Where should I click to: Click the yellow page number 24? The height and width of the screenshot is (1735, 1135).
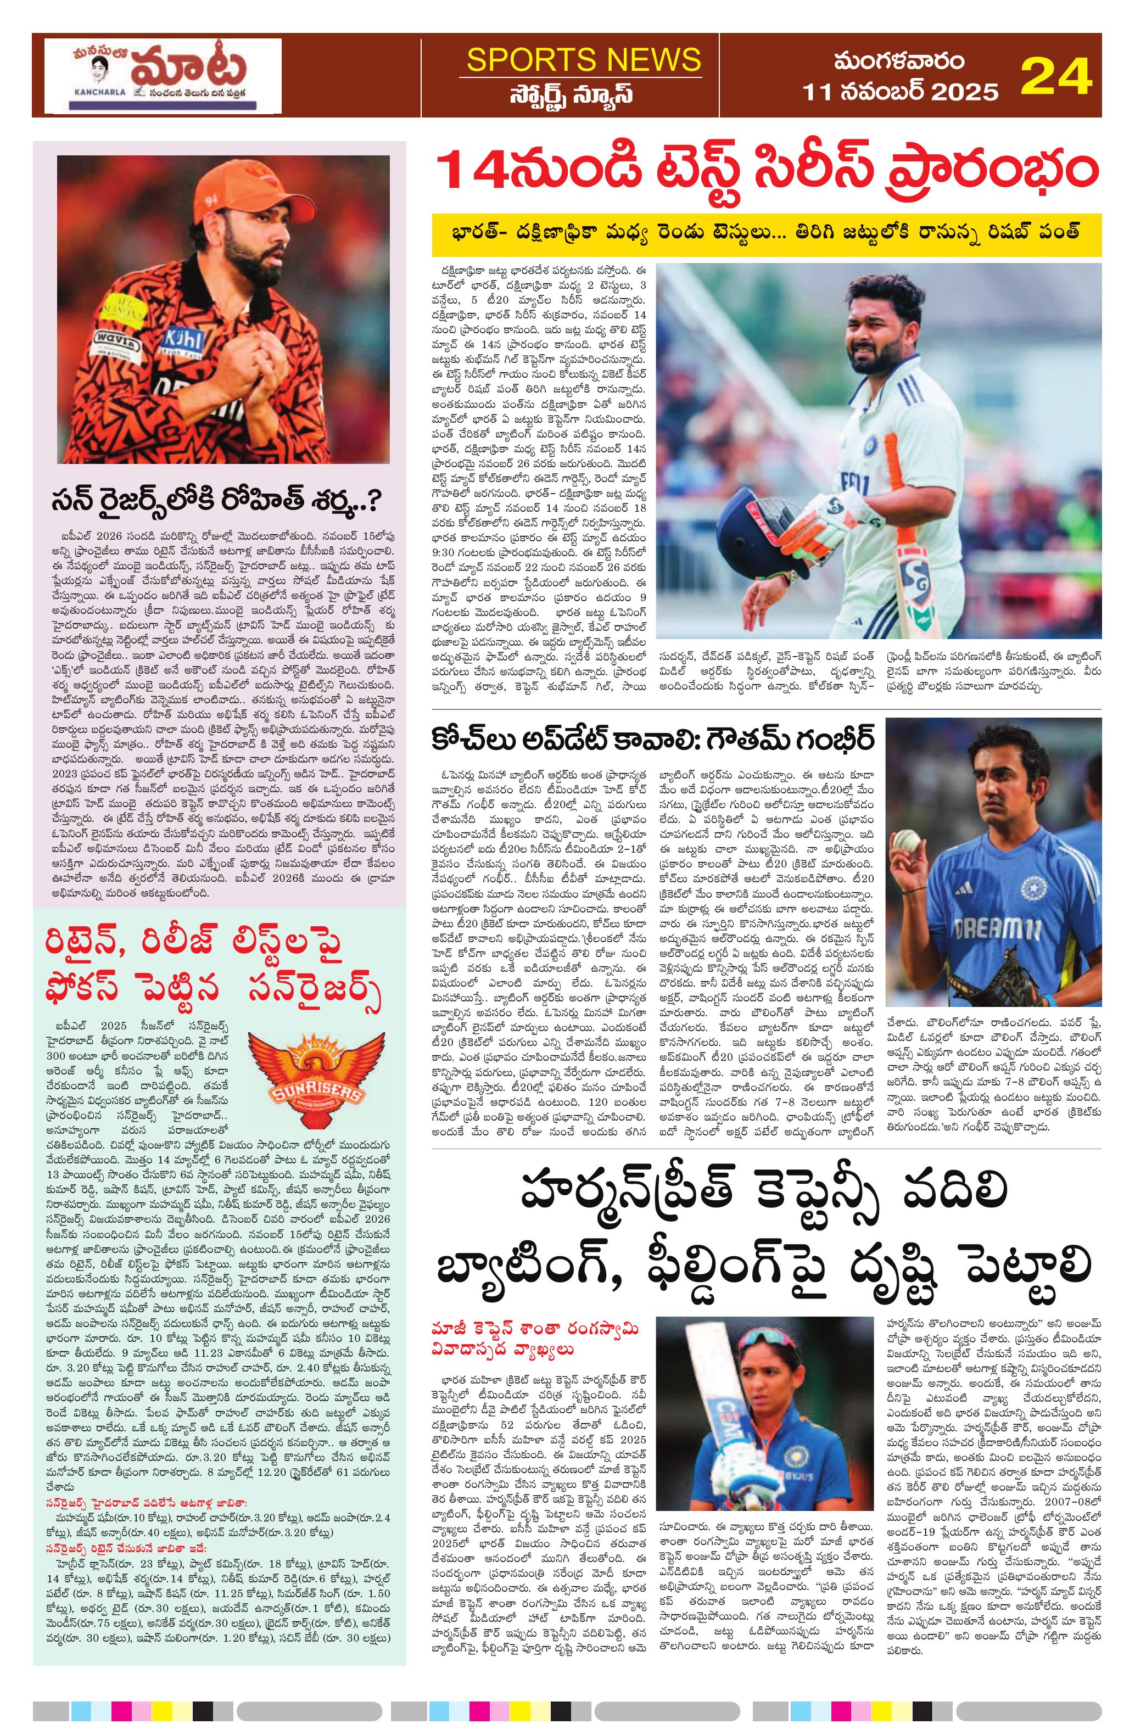[x=1055, y=75]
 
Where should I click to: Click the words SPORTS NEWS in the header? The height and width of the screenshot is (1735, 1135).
[x=583, y=59]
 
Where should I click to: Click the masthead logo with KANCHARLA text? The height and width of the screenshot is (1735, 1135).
[x=163, y=75]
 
